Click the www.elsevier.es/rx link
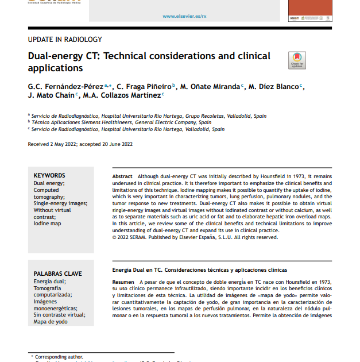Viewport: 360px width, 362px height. pos(184,16)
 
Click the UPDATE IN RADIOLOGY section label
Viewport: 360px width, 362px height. pos(65,40)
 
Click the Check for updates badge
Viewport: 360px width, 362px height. pos(297,60)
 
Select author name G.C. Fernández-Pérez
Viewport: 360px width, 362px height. pos(63,87)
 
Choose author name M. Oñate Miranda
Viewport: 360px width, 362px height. pos(210,87)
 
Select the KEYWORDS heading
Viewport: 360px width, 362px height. pos(49,175)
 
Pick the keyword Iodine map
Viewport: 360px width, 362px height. pos(47,224)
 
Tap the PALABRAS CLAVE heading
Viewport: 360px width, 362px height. pos(57,274)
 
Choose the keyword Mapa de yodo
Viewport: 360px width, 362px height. pos(51,322)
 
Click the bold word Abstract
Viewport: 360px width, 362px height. pos(122,176)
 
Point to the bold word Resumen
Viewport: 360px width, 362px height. pos(123,282)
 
